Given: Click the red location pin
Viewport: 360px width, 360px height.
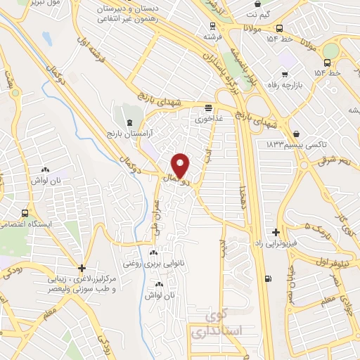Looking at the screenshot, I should [180, 165].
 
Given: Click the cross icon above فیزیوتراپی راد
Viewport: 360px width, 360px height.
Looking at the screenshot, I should [276, 232].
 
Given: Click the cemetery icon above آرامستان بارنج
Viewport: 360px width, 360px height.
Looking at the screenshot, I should [128, 122].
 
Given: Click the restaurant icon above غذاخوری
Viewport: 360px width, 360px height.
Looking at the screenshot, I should [208, 108].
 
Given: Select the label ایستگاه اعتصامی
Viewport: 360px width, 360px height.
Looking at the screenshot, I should [24, 224].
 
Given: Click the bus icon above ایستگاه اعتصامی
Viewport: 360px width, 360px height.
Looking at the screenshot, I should [25, 213].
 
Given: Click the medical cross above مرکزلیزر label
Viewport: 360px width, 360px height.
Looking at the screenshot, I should [82, 268].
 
